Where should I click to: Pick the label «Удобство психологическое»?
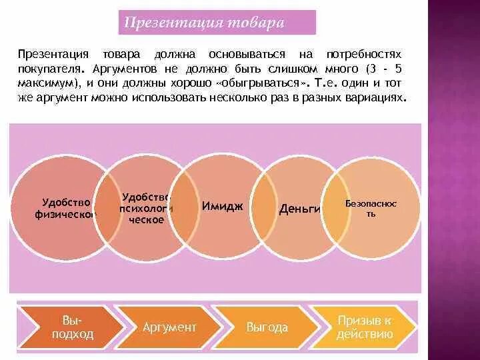(x=147, y=208)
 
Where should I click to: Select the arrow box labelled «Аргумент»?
(x=169, y=327)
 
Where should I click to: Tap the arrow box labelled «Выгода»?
(x=267, y=327)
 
